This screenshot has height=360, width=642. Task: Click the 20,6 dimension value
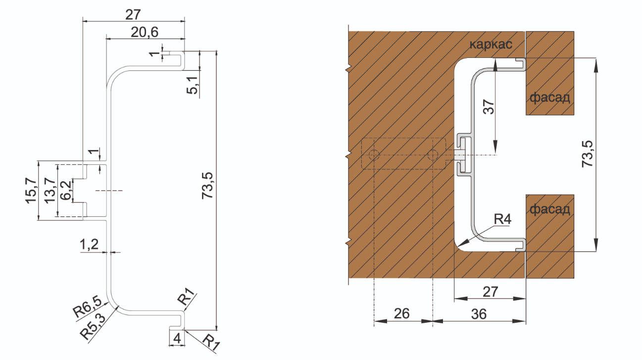(x=145, y=33)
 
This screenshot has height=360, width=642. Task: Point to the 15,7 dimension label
(x=31, y=190)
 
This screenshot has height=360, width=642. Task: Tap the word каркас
(x=494, y=45)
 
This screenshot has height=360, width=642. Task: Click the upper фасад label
(x=549, y=97)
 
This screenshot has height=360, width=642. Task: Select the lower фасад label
(x=549, y=209)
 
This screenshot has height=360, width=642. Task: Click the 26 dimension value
(x=403, y=313)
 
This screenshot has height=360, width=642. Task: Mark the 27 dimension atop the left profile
(x=133, y=14)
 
